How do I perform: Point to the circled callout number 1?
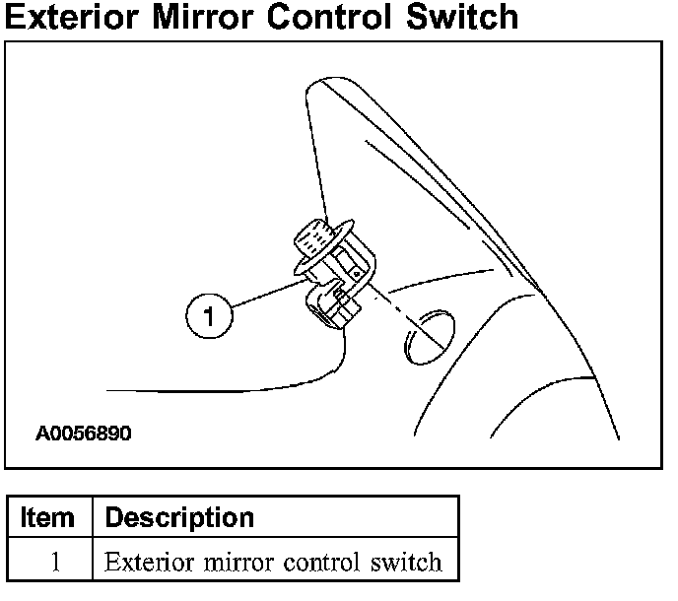click(x=208, y=315)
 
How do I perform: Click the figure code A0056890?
click(x=84, y=434)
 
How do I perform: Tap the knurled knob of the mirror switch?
click(x=311, y=237)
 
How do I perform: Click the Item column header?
click(x=47, y=517)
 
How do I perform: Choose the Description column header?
click(x=179, y=517)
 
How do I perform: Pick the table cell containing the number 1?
click(x=55, y=563)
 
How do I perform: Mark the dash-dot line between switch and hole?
click(x=394, y=316)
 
